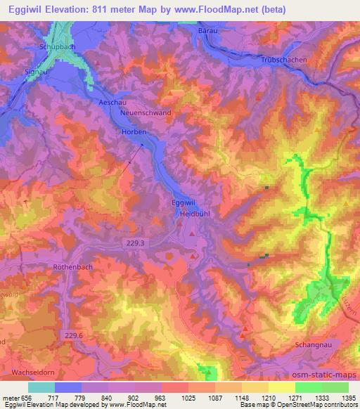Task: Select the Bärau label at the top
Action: (209, 31)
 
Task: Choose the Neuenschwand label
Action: (146, 112)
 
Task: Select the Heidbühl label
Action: (195, 212)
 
